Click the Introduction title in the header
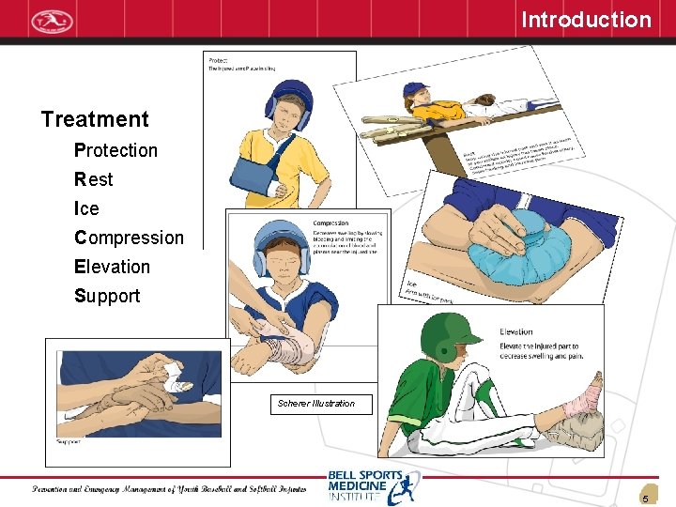pyautogui.click(x=586, y=20)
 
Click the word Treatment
pyautogui.click(x=95, y=119)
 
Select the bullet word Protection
pyautogui.click(x=115, y=150)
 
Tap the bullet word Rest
pyautogui.click(x=94, y=179)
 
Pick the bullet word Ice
pyautogui.click(x=86, y=208)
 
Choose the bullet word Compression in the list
pyautogui.click(x=129, y=238)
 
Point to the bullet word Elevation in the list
pyautogui.click(x=112, y=267)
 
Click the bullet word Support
pyautogui.click(x=107, y=296)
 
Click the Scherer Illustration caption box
pyautogui.click(x=316, y=404)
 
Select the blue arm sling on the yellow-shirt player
pyautogui.click(x=254, y=177)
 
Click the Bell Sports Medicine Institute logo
pyautogui.click(x=374, y=486)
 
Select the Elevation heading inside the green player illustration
pyautogui.click(x=516, y=331)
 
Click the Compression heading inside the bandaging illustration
pyautogui.click(x=330, y=223)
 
